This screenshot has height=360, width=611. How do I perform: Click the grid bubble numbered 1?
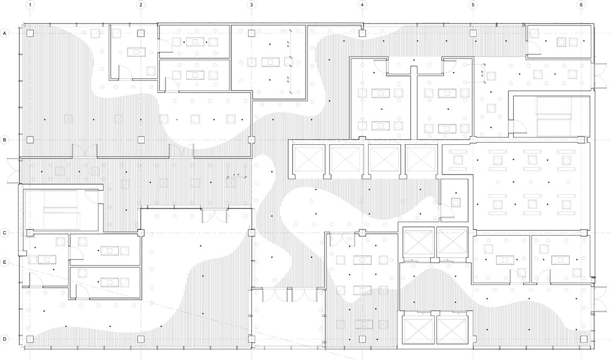[x=30, y=5]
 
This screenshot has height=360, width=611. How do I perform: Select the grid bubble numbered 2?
[x=141, y=5]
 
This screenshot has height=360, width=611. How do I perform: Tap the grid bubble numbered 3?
[x=251, y=5]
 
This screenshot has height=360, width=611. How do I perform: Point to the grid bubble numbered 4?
[x=362, y=5]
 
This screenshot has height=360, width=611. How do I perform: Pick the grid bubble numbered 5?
[x=473, y=5]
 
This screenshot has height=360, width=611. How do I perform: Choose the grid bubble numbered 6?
[x=581, y=5]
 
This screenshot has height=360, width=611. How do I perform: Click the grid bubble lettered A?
[x=5, y=33]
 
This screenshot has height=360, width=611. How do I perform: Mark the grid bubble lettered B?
[x=5, y=140]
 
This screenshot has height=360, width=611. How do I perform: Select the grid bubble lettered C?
[x=5, y=233]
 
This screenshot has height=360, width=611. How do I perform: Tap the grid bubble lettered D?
[x=5, y=339]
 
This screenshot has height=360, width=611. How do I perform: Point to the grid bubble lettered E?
[x=5, y=262]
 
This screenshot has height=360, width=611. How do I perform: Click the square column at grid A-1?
[x=30, y=33]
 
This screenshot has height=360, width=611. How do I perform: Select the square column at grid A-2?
[x=141, y=33]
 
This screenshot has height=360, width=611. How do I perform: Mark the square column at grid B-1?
[x=30, y=140]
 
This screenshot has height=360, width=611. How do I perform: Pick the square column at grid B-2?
[x=141, y=140]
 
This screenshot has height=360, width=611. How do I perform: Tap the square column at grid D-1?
[x=30, y=339]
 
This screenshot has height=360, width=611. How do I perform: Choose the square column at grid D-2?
[x=141, y=339]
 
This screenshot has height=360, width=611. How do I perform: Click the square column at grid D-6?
[x=583, y=339]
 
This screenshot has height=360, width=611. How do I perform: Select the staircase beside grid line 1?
[x=60, y=210]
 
